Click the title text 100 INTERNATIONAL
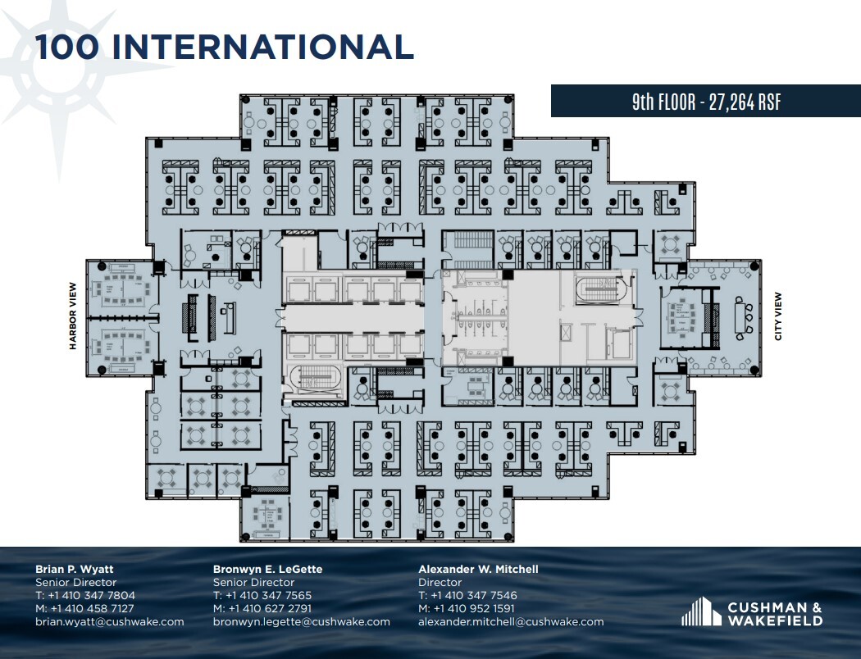pos(223,48)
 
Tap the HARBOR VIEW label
pos(73,316)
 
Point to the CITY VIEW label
pos(778,316)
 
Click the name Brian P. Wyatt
pos(75,569)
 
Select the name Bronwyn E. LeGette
pos(267,569)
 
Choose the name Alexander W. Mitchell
pos(478,569)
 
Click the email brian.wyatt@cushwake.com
pos(109,621)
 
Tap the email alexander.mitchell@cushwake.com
pos(510,621)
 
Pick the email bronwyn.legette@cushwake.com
pos(301,621)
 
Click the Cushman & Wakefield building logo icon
pos(699,612)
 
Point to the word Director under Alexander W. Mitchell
pos(440,582)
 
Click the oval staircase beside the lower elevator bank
pos(309,379)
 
